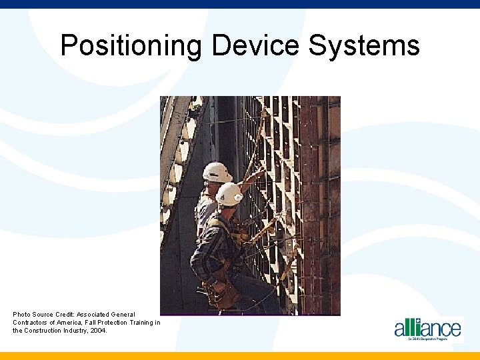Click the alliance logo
pos(427,329)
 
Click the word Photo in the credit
pos(22,314)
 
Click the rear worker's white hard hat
pos(216,172)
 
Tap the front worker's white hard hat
pos(229,194)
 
